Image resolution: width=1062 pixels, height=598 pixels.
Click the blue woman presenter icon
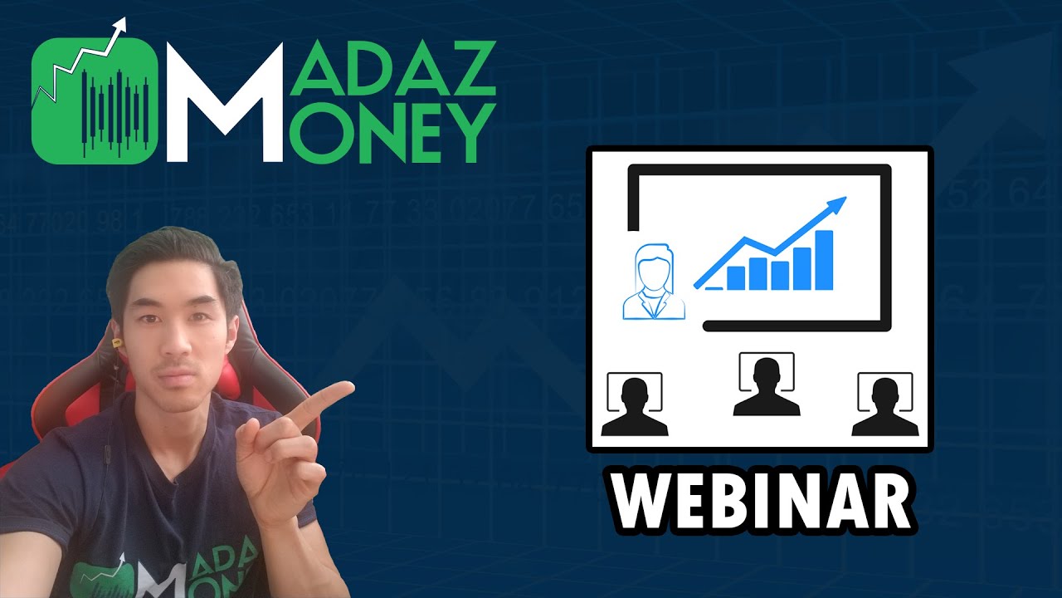click(654, 282)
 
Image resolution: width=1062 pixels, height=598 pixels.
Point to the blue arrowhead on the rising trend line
click(838, 203)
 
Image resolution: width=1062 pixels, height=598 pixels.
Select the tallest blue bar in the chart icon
click(824, 260)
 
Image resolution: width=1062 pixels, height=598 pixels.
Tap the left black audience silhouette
click(634, 407)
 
